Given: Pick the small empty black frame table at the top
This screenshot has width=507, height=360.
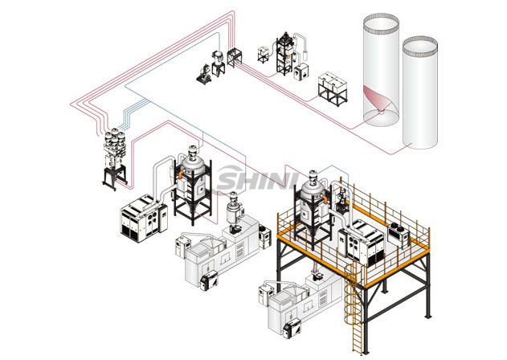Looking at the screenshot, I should click(235, 56).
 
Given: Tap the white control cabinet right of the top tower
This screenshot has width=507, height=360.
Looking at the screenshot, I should click(303, 72).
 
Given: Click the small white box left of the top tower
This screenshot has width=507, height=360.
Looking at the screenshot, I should click(264, 54).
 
